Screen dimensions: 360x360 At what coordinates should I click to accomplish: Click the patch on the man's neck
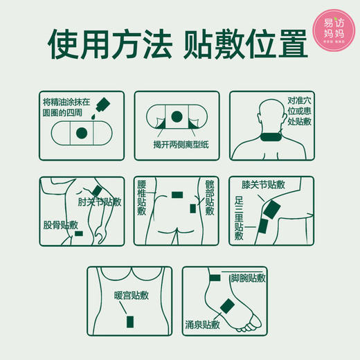pyautogui.click(x=266, y=132)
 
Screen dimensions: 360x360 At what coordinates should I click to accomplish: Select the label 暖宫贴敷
pyautogui.click(x=132, y=296)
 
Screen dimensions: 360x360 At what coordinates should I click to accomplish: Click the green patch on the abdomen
pyautogui.click(x=129, y=321)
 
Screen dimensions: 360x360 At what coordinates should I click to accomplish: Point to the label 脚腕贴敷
pyautogui.click(x=247, y=278)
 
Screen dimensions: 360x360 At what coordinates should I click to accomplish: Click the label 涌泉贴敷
pyautogui.click(x=207, y=323)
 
